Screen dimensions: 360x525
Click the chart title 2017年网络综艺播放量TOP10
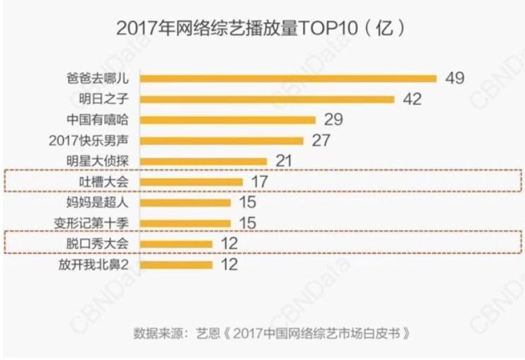[260, 29]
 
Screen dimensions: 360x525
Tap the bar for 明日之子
[269, 99]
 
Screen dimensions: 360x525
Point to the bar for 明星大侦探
[205, 161]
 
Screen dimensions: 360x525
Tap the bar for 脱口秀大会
[178, 244]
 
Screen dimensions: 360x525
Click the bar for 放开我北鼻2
[178, 265]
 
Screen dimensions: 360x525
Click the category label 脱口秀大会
[108, 244]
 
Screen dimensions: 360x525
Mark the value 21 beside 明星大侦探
[284, 161]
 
